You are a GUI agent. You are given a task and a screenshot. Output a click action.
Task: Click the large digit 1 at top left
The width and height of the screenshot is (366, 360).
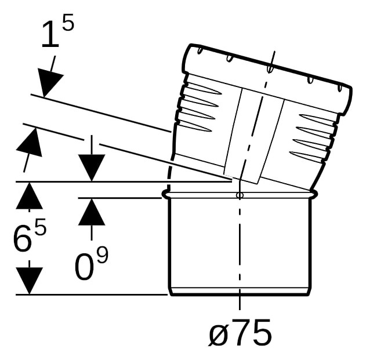tap(50, 35)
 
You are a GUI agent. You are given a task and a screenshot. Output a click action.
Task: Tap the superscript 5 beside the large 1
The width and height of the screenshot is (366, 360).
tap(68, 22)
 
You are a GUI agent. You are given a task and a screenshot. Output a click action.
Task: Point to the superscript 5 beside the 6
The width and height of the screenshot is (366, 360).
tap(41, 226)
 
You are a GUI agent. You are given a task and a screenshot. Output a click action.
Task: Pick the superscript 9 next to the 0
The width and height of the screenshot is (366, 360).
tap(103, 255)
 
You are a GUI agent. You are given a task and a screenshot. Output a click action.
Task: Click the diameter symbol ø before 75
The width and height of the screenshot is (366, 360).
tap(218, 333)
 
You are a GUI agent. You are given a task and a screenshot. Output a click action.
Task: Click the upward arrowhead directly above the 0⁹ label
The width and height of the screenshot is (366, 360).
tap(92, 212)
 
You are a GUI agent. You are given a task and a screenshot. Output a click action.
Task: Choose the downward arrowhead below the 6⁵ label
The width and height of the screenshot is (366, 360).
tap(29, 281)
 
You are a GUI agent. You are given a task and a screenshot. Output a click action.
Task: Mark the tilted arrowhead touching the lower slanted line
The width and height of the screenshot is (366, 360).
tap(30, 142)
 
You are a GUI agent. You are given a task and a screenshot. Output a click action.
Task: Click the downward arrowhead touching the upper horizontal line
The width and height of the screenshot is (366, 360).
tap(92, 168)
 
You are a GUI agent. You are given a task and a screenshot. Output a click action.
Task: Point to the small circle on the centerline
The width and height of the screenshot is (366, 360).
tap(240, 195)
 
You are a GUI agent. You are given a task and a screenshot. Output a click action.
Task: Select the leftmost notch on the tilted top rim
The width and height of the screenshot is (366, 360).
tap(200, 51)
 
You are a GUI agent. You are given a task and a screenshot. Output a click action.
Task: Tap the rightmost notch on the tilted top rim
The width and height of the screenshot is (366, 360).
tap(340, 88)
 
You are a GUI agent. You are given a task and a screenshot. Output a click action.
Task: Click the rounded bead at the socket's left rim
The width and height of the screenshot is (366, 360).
tap(165, 195)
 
